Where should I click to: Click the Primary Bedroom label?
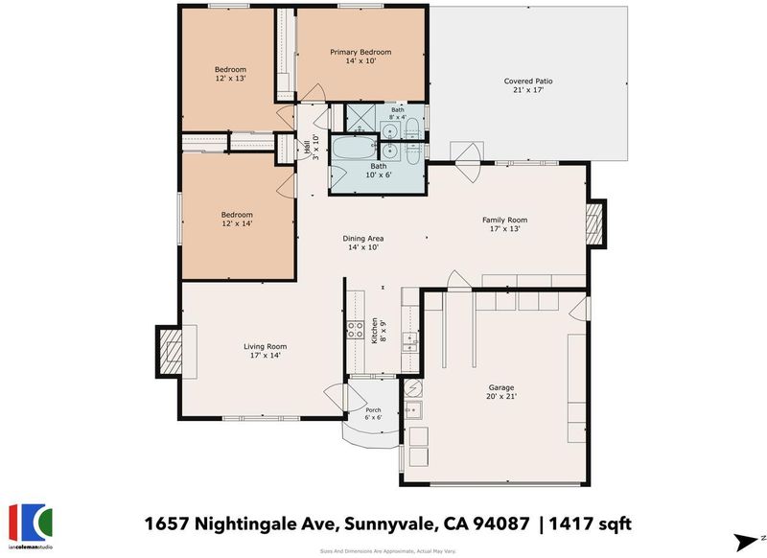coord(360,53)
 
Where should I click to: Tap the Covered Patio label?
coord(528,81)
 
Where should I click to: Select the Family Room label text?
coord(505,221)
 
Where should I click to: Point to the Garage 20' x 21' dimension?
coord(501,397)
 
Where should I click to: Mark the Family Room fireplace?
coord(595,223)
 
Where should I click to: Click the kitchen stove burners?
coord(355,330)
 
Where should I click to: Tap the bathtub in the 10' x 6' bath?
coord(354,148)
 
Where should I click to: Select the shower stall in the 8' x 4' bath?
coord(361,118)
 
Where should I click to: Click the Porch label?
coord(373,410)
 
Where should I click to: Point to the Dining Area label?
coord(363,239)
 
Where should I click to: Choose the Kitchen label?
coord(375,331)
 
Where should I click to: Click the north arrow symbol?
coord(746,542)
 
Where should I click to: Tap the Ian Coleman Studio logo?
coord(31,526)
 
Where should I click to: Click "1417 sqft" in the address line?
coord(590,524)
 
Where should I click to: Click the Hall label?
coord(307,148)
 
